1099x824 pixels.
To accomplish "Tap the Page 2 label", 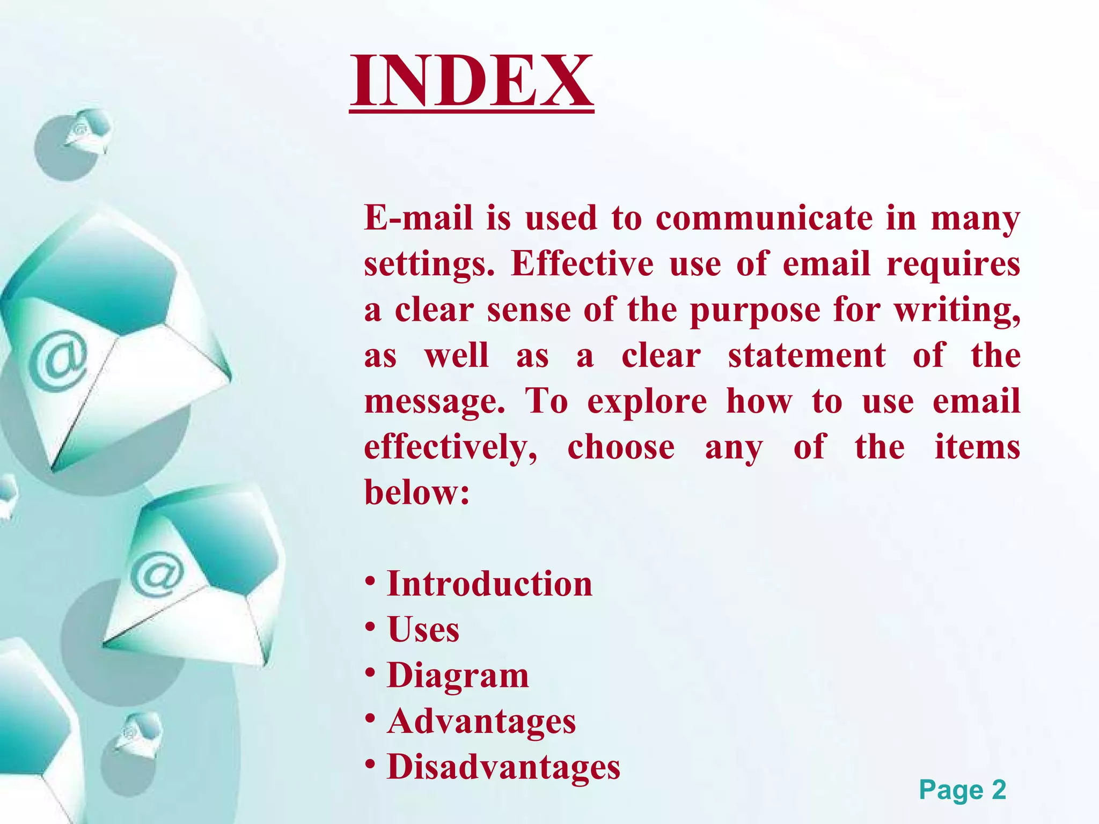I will point(962,790).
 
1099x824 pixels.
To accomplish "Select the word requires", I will point(953,264).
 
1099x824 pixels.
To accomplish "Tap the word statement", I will point(807,355).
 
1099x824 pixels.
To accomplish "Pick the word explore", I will point(647,402).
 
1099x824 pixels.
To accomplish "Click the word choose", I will point(621,447).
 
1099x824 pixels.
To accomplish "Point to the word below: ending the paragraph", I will point(417,492).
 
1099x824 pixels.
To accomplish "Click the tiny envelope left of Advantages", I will point(137,734).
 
